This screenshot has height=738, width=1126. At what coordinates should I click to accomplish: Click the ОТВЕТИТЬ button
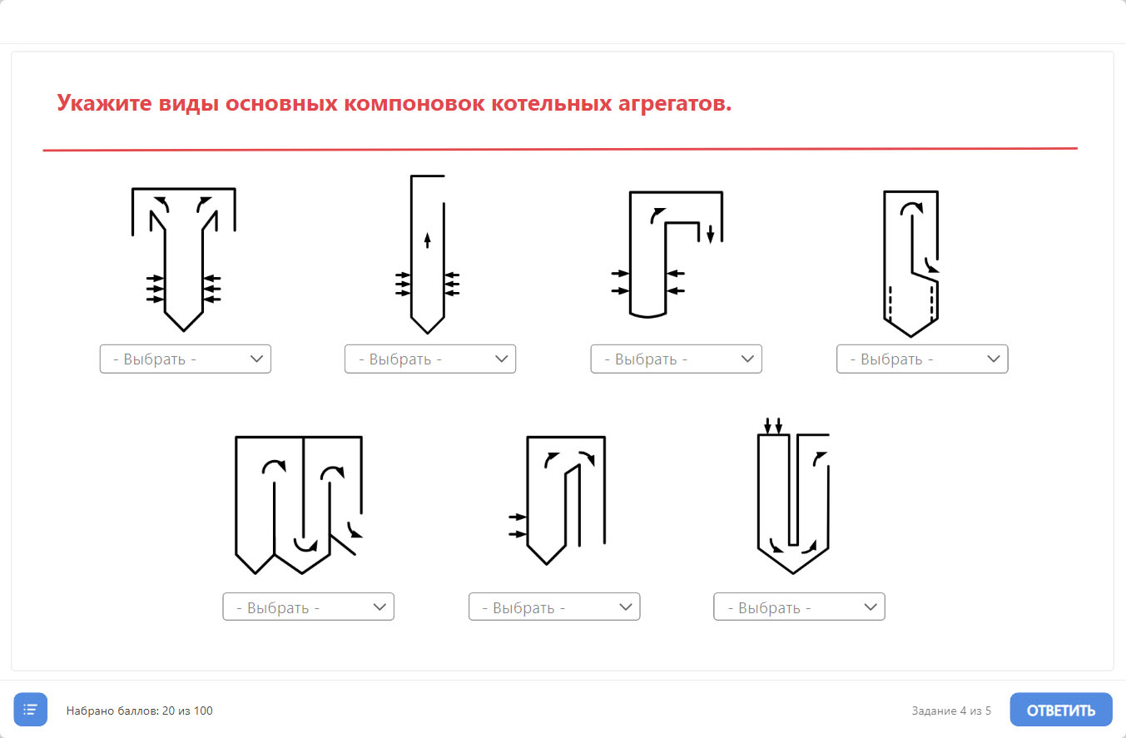tap(1060, 710)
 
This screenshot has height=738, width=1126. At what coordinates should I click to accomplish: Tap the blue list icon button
tap(31, 710)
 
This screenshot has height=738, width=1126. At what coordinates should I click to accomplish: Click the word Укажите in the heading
tap(104, 103)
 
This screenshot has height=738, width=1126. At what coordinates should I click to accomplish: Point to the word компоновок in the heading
tap(414, 103)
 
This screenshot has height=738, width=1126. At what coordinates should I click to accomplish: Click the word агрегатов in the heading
tap(675, 103)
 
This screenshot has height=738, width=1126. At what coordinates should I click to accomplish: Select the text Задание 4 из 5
tap(951, 711)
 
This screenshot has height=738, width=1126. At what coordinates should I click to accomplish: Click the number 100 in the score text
tap(203, 711)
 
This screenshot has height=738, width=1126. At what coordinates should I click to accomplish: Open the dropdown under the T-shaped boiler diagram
tap(185, 359)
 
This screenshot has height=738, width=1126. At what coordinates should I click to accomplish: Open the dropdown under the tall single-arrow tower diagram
tap(429, 359)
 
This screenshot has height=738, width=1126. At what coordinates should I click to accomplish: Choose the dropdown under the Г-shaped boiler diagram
tap(676, 359)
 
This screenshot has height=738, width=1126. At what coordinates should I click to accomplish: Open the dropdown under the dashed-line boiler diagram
tap(922, 359)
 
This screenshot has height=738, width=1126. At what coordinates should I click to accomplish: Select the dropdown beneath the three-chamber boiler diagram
tap(308, 607)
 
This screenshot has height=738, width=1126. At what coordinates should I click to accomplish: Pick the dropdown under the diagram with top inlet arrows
tap(799, 607)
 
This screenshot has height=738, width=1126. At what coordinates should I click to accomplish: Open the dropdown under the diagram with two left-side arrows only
tap(554, 607)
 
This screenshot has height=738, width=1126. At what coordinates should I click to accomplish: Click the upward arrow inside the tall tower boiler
tap(427, 240)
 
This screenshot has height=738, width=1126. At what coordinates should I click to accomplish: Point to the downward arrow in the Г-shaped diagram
tap(710, 235)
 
